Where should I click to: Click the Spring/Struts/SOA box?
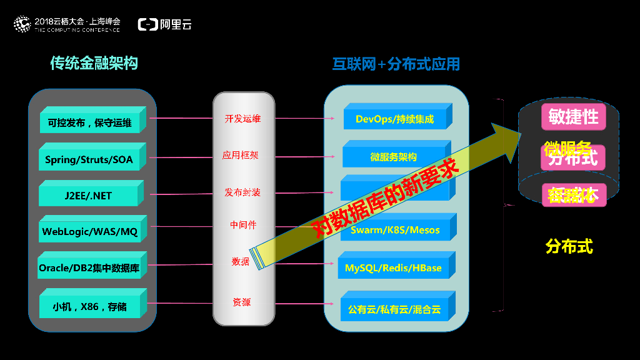pos(89,159)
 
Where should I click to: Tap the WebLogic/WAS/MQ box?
pos(89,231)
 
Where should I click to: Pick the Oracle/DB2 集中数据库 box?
pos(89,268)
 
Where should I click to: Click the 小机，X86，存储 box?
pos(89,306)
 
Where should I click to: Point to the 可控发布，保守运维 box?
pos(89,122)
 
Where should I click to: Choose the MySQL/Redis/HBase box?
pos(393,267)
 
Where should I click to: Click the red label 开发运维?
pos(242,118)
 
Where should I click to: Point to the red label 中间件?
pos(242,224)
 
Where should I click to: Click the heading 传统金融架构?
pos(94,63)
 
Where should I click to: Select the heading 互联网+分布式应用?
pos(396,64)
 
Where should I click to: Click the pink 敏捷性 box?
pos(573,116)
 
